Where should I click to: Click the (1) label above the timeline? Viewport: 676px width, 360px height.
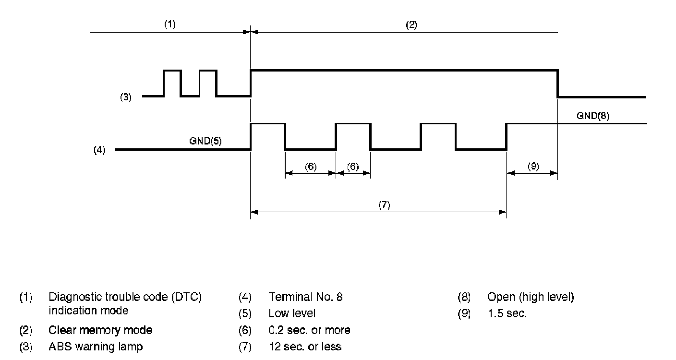click(170, 25)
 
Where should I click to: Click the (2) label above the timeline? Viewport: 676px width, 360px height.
click(411, 25)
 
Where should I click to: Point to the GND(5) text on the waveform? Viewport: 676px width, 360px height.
click(205, 142)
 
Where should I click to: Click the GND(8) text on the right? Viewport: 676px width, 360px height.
click(593, 116)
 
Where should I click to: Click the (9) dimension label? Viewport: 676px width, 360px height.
click(533, 167)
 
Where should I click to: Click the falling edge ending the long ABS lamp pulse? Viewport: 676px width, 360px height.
click(557, 84)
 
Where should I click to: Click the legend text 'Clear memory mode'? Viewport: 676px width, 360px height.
click(100, 330)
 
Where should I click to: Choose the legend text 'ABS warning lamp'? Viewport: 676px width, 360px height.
click(96, 346)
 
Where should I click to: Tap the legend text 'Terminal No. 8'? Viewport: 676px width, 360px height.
click(306, 297)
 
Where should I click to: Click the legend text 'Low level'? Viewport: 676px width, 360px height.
click(292, 314)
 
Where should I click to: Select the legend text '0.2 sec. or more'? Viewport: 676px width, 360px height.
click(309, 330)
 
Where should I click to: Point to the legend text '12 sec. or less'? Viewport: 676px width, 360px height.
click(305, 346)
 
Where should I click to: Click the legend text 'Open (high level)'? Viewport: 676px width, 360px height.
click(531, 297)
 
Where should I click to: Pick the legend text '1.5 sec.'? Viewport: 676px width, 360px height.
click(507, 314)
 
